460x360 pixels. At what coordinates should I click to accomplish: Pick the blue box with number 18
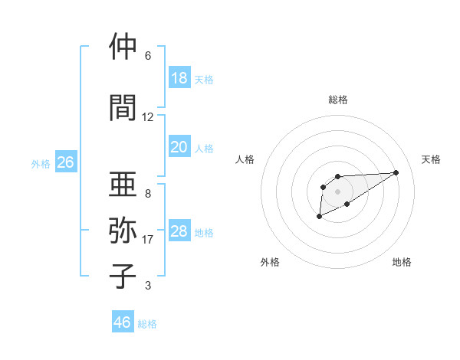tap(179, 78)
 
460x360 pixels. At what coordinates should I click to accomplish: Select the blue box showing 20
tap(179, 147)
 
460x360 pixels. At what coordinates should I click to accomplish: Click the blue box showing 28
tap(179, 231)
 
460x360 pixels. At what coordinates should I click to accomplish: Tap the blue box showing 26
tap(65, 162)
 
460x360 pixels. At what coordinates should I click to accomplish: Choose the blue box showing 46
tap(123, 322)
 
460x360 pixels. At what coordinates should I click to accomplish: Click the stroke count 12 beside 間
tap(147, 117)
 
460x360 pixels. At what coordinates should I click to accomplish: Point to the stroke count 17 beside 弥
tap(148, 240)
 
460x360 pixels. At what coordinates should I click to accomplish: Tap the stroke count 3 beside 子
tap(147, 286)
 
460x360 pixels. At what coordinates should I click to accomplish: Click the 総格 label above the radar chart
tap(337, 100)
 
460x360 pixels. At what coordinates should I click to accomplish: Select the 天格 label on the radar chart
tap(432, 159)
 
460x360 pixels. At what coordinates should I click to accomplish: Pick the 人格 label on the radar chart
tap(245, 159)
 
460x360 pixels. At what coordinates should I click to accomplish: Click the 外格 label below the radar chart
tap(270, 262)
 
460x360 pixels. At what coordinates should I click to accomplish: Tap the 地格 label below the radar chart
tap(402, 262)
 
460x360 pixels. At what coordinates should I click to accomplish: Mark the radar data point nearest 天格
tap(396, 172)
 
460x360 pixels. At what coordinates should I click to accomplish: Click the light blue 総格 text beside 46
tap(147, 324)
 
